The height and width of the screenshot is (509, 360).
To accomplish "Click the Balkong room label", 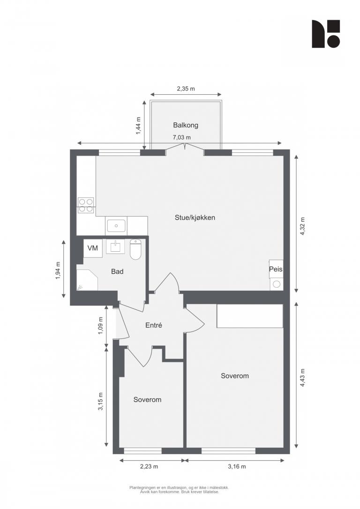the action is tap(185, 125).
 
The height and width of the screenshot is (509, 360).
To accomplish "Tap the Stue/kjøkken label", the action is tap(195, 217).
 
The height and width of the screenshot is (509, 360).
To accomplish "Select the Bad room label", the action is tap(117, 271).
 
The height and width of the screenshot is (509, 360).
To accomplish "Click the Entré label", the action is tap(154, 325).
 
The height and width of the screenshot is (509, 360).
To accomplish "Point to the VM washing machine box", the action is tap(93, 248).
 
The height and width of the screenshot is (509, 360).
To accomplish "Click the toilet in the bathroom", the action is tap(135, 249).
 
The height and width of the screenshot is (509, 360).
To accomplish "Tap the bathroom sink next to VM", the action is tap(115, 247).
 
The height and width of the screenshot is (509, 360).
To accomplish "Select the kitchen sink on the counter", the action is tap(116, 225).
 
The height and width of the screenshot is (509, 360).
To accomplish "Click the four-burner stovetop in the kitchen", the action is tap(86, 205).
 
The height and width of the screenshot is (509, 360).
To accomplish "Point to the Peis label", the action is tap(276, 269).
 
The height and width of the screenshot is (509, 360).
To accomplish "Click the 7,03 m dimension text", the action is tap(181, 137).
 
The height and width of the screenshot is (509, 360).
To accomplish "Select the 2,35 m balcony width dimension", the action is tap(186, 89).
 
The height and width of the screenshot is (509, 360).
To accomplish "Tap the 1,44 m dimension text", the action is tap(139, 126).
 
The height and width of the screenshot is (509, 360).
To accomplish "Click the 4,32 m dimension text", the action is tap(302, 226).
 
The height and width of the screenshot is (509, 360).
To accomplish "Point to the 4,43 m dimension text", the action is tap(302, 377).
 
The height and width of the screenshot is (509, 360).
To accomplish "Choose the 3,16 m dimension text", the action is tap(237, 466).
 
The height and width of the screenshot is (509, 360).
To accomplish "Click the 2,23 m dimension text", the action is tap(149, 466).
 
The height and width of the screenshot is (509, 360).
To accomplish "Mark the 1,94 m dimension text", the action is tap(58, 270).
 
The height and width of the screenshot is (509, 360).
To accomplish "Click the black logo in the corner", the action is tap(326, 34).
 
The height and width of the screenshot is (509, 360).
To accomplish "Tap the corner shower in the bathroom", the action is tap(87, 279).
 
